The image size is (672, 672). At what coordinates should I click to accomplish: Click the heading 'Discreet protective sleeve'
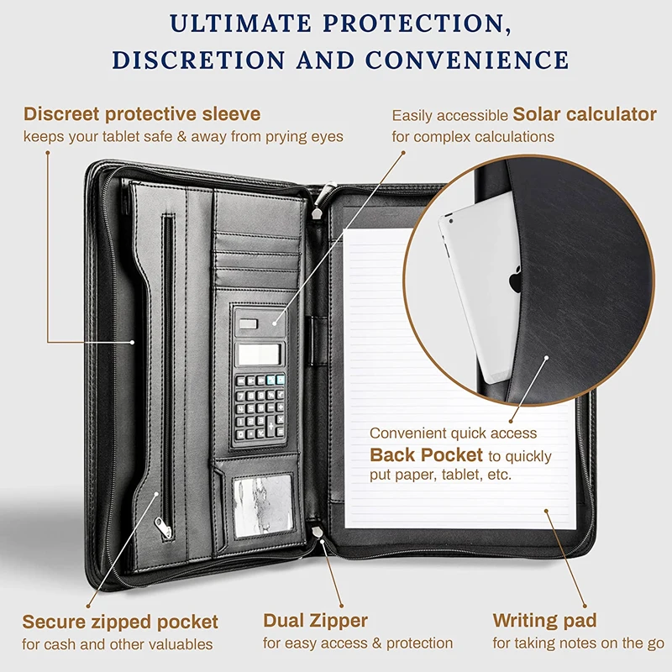(x=142, y=113)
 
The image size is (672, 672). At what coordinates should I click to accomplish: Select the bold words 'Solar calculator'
(x=585, y=113)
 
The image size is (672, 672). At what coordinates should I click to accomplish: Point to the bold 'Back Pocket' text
(x=427, y=455)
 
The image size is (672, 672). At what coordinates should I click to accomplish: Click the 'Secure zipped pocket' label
(x=120, y=622)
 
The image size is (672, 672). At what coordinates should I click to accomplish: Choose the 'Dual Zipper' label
(x=315, y=622)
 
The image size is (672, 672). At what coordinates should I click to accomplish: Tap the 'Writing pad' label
(x=544, y=622)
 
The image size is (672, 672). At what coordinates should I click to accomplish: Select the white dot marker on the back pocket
(x=547, y=357)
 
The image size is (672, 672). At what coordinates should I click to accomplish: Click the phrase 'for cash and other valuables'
(x=117, y=644)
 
